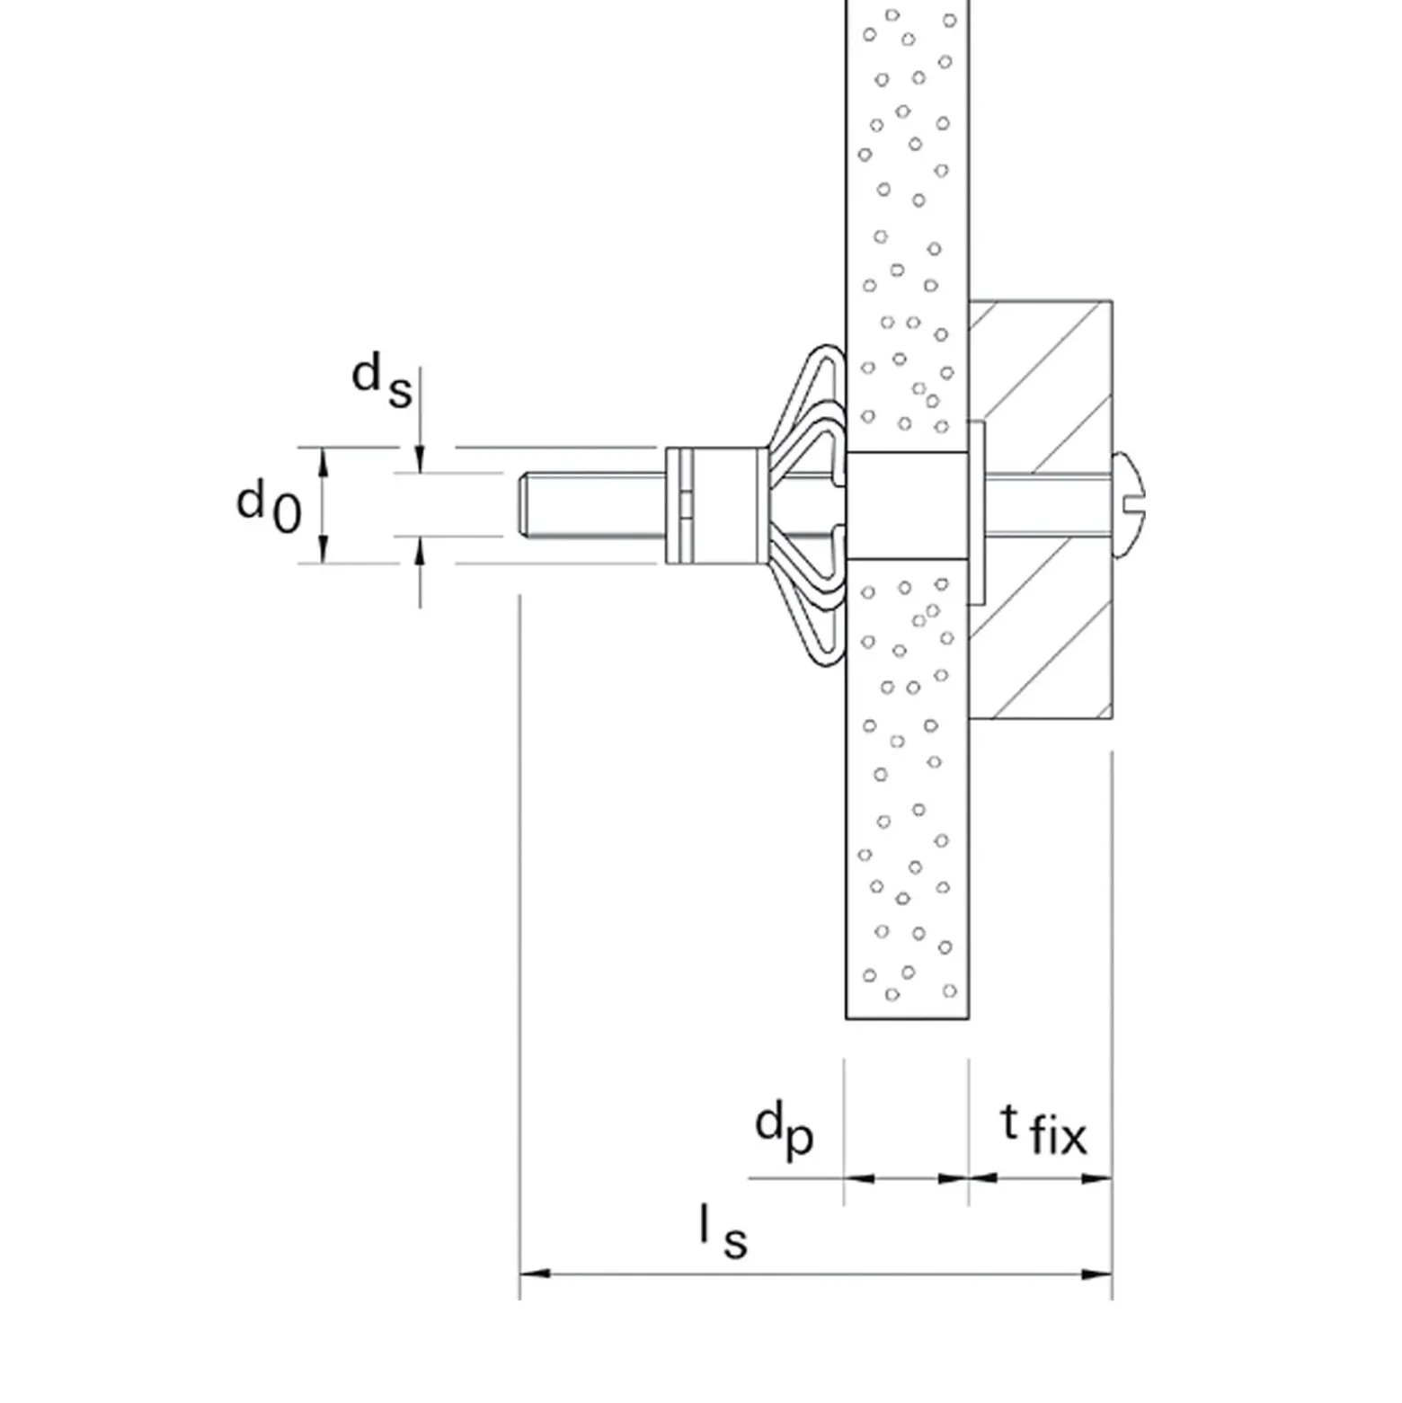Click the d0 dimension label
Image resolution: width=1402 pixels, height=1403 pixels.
269,506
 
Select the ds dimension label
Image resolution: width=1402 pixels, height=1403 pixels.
382,379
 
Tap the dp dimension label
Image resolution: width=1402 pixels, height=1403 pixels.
785,1129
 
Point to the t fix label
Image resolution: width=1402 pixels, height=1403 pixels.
1043,1130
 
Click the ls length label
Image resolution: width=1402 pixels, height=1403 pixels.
723,1232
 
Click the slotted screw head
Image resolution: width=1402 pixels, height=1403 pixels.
1128,504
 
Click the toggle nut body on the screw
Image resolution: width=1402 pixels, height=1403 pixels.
716,505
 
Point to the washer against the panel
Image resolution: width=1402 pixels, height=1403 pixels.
977,512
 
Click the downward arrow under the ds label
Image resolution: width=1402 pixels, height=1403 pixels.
420,458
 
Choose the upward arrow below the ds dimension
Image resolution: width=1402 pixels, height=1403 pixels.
420,551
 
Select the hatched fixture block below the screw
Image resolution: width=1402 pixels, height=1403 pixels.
1041,628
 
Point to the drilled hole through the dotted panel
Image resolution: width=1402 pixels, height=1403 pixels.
908,505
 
